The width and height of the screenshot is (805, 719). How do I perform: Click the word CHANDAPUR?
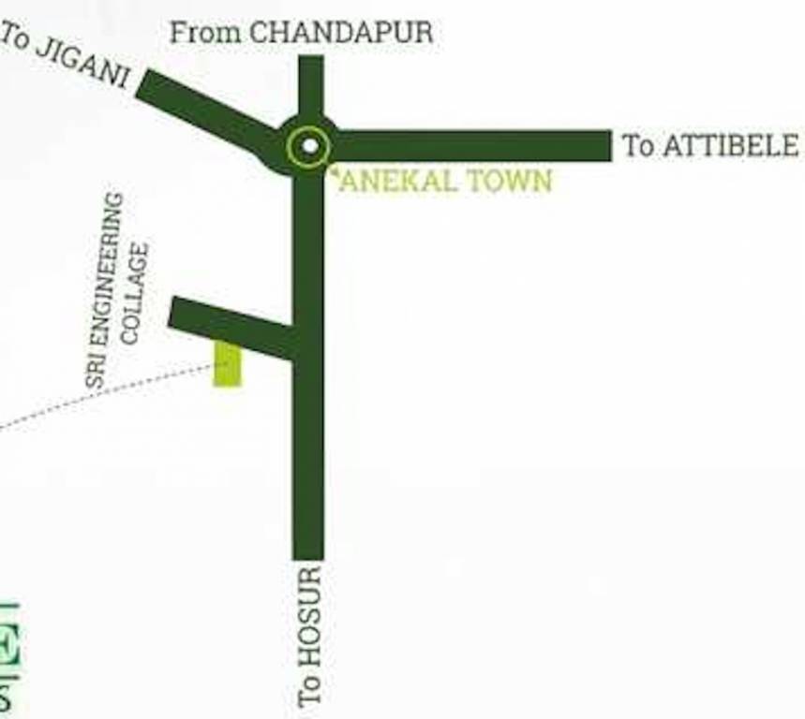point(341,33)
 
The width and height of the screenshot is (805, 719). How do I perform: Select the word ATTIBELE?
point(731,146)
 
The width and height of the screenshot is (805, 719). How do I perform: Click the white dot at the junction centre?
point(308,147)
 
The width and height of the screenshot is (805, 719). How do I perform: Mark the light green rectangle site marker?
point(228,364)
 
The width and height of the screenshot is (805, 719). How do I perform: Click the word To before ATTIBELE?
point(638,146)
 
